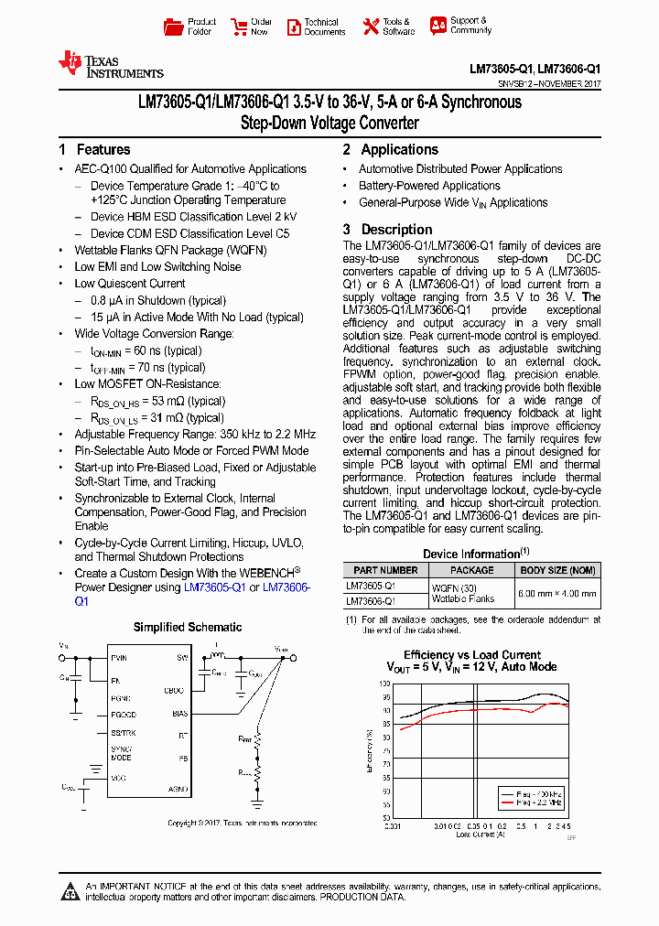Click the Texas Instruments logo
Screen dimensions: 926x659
pos(110,64)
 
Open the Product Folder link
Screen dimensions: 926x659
pos(190,27)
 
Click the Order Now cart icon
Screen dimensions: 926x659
pos(240,27)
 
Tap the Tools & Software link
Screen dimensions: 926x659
pos(387,27)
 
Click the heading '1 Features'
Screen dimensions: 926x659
pos(94,150)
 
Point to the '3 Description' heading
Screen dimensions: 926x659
pos(387,230)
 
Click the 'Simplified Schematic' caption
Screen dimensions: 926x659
pos(188,628)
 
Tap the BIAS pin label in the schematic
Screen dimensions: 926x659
pos(180,714)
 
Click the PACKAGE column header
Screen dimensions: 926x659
pos(472,570)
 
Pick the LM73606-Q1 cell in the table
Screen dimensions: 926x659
pos(371,601)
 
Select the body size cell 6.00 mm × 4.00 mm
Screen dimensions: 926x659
pos(557,593)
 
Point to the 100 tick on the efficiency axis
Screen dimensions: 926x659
pos(385,684)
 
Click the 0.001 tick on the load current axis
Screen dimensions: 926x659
pos(393,826)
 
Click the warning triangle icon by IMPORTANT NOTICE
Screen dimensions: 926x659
pos(71,890)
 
